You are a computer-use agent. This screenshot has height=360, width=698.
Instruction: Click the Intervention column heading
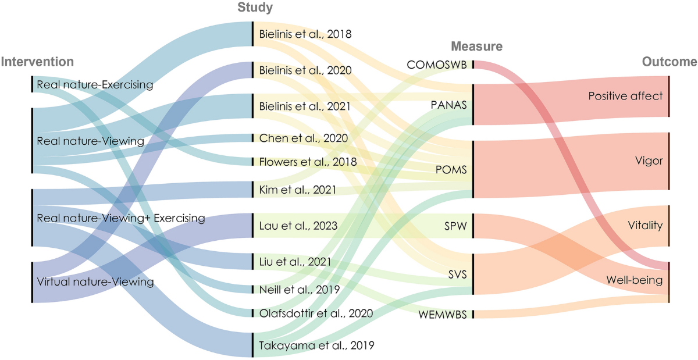[37, 62]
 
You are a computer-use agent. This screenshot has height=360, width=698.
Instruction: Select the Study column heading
[255, 8]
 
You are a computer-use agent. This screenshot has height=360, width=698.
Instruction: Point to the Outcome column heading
[669, 62]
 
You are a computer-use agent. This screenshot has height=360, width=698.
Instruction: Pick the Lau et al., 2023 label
[297, 224]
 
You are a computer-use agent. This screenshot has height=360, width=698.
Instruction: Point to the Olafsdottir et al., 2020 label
[315, 313]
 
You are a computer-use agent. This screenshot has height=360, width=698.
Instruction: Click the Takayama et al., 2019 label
[315, 344]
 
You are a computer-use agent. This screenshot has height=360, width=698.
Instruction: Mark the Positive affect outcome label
[625, 96]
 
